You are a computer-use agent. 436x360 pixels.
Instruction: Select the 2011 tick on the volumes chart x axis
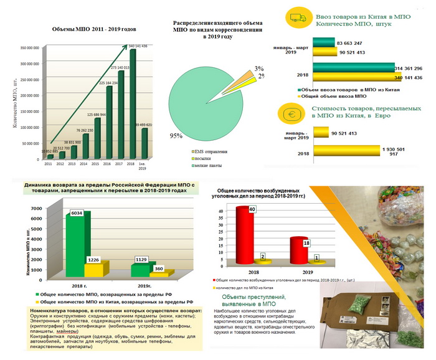click(47, 164)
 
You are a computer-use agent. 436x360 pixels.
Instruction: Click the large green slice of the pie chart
click(199, 103)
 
